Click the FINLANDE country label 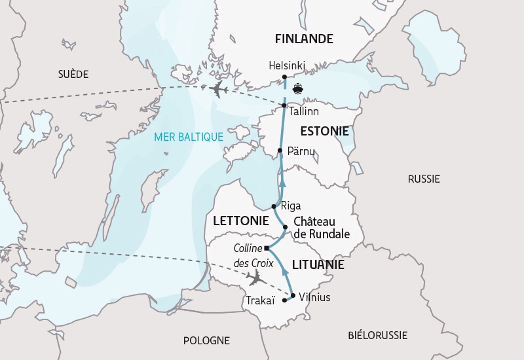(x=304, y=39)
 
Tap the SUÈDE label (x=73, y=74)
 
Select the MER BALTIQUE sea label (x=189, y=137)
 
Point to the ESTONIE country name (x=325, y=131)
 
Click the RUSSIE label (x=424, y=179)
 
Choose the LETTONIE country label (x=241, y=221)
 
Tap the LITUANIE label (x=318, y=265)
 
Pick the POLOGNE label (x=206, y=340)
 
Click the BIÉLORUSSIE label (x=377, y=335)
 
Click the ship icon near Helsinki (x=299, y=88)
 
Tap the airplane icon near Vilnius (x=255, y=278)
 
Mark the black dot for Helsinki (x=284, y=77)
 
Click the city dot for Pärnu (x=280, y=151)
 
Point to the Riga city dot (x=274, y=206)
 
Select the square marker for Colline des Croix (x=267, y=248)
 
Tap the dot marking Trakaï (x=284, y=300)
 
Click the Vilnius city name (x=314, y=297)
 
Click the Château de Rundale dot (x=285, y=227)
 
